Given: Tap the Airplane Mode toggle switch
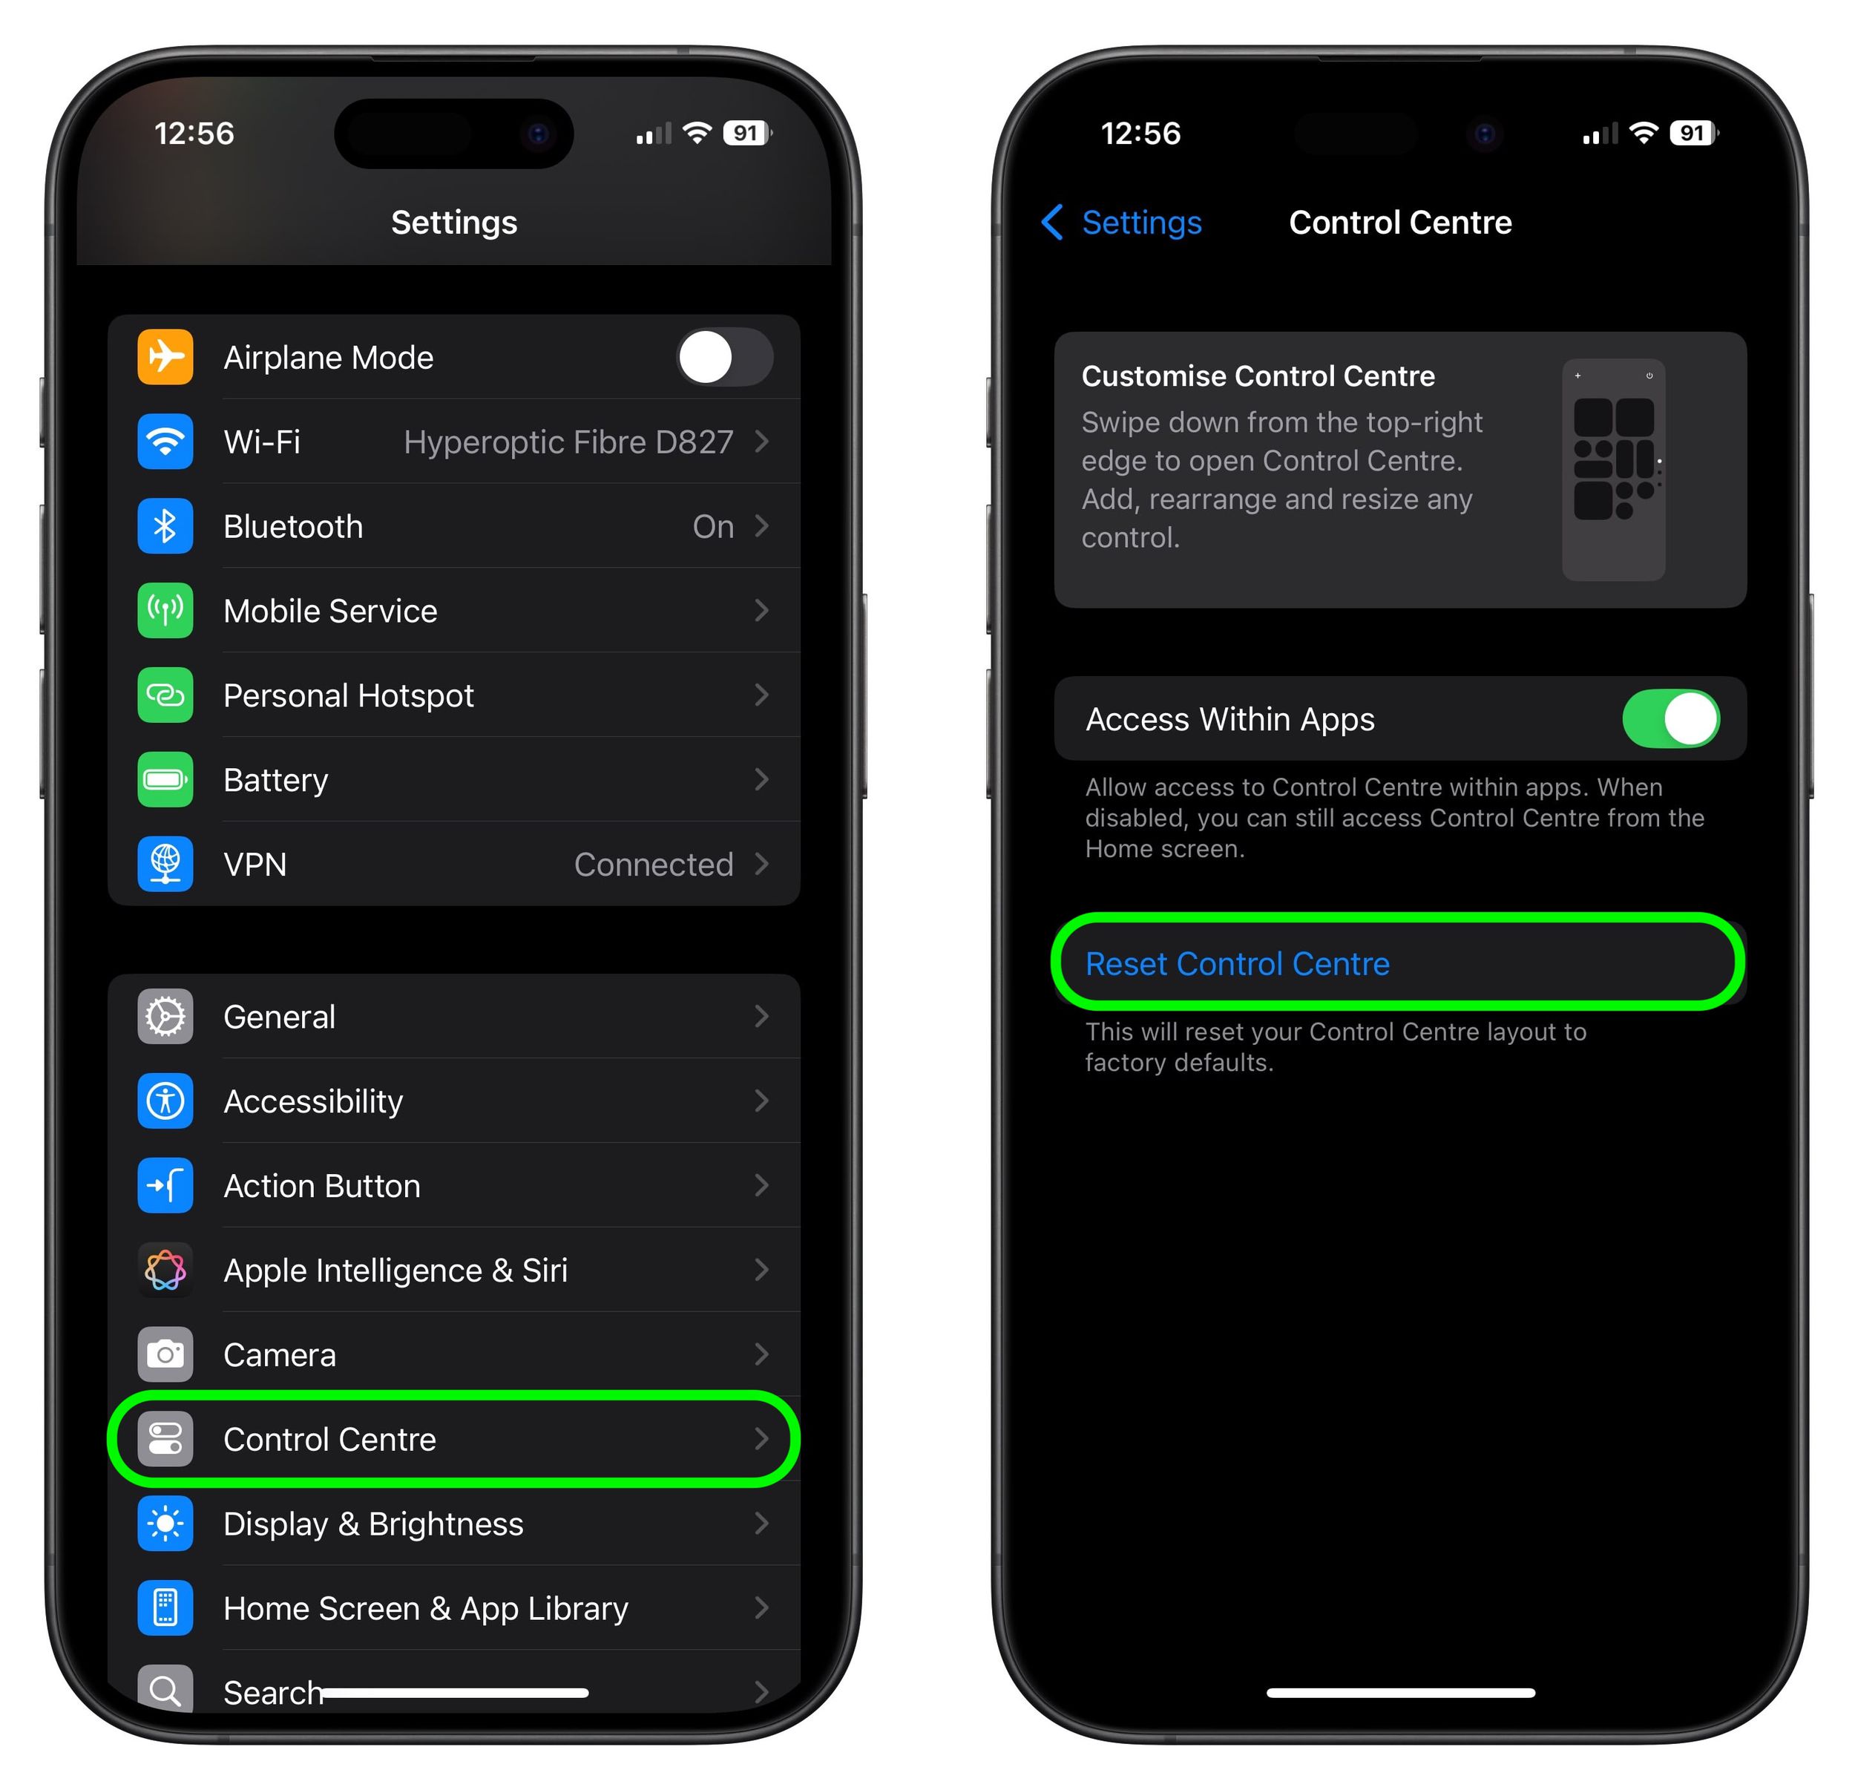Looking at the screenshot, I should click(x=724, y=358).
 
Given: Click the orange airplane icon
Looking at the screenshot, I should click(x=165, y=358).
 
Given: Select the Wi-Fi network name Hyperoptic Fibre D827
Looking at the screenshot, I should click(x=568, y=442).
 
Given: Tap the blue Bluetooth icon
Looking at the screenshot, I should click(x=165, y=526).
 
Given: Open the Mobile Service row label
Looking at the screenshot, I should click(x=330, y=612).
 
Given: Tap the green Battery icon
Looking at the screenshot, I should click(x=165, y=780).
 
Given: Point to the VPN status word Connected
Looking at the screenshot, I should click(x=653, y=865).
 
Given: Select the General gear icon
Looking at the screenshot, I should click(x=165, y=1017).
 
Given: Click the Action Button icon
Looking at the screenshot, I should click(x=165, y=1185).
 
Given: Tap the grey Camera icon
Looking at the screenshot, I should click(x=165, y=1354).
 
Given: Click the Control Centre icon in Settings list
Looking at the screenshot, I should click(x=165, y=1439).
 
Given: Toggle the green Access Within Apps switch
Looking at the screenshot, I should click(x=1670, y=719).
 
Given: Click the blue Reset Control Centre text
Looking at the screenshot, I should click(x=1237, y=963).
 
